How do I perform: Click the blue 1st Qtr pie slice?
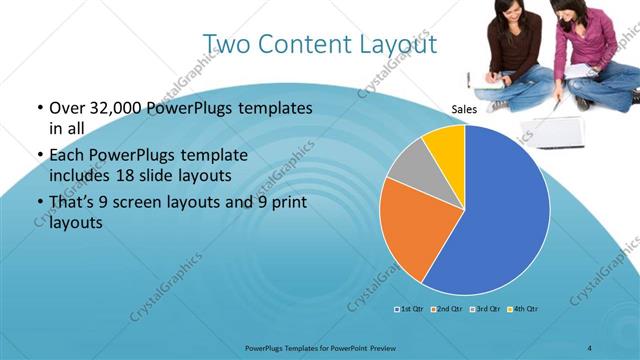click(500, 210)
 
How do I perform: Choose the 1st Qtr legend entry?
click(408, 309)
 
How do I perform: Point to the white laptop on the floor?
click(556, 128)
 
